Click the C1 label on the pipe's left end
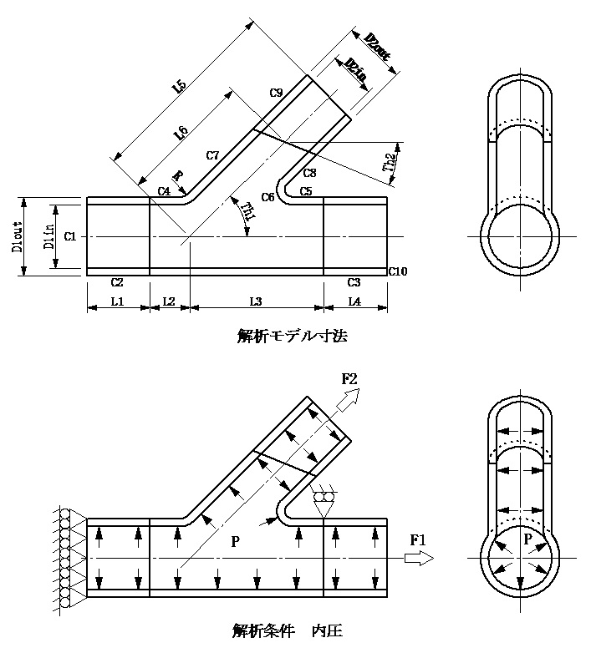(x=69, y=236)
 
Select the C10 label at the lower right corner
(x=397, y=271)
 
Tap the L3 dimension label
(x=256, y=300)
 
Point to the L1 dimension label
(x=117, y=300)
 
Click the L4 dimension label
(x=354, y=300)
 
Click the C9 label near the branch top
(x=276, y=92)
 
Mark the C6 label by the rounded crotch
(x=267, y=197)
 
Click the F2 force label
(x=350, y=378)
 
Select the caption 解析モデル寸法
(x=292, y=337)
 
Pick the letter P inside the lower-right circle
(x=527, y=539)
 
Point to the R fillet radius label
(x=177, y=176)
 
